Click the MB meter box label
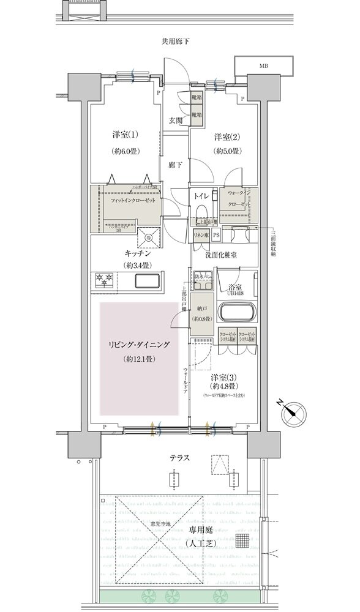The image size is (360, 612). point(264,65)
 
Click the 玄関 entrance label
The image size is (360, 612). point(176,121)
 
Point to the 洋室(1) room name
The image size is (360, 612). point(125,134)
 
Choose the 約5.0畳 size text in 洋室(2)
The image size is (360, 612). point(226,151)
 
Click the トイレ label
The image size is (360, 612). point(201,196)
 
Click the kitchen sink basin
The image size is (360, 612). point(148,282)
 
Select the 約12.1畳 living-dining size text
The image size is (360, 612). point(138,359)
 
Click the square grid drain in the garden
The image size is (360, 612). point(244,540)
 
